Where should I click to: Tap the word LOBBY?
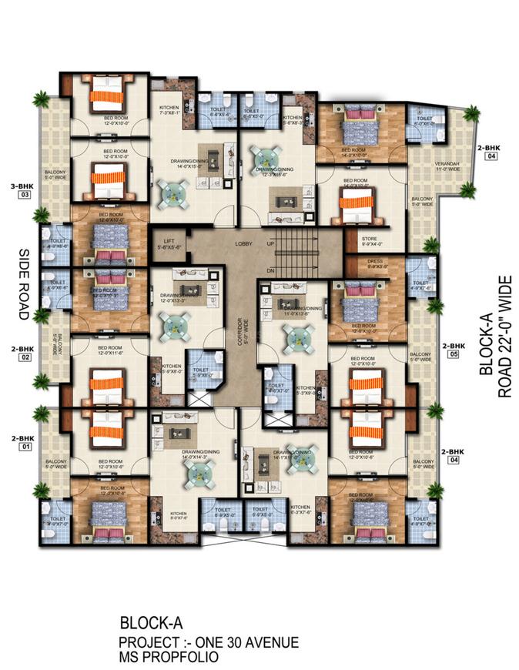click(245, 243)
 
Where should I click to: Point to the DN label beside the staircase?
click(270, 271)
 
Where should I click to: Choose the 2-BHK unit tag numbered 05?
click(453, 350)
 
